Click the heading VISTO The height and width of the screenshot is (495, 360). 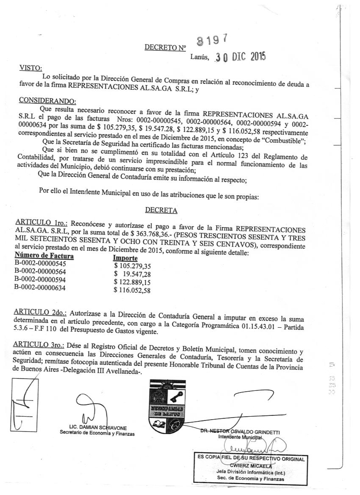click(31, 68)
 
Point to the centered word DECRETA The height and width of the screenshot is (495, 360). click(161, 210)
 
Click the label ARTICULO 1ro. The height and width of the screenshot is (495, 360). click(42, 223)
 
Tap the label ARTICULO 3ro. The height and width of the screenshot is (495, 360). click(42, 344)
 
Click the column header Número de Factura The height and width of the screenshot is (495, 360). click(44, 256)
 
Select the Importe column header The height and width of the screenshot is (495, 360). click(125, 258)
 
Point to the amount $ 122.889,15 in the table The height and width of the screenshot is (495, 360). click(133, 282)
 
